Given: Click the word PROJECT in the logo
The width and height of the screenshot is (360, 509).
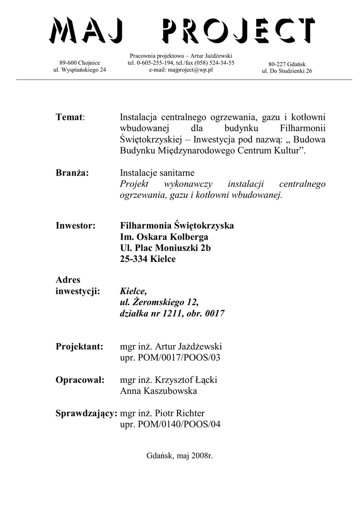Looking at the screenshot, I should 238,30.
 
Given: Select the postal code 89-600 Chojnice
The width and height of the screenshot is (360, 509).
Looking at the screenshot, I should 80,63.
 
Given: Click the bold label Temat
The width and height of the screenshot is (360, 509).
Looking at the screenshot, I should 70,117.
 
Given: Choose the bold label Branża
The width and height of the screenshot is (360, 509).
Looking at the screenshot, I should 72,172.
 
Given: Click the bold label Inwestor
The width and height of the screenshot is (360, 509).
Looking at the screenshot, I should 75,226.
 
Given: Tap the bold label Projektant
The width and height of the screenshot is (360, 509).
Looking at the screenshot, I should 79,346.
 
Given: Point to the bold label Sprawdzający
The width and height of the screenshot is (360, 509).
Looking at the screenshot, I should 87,413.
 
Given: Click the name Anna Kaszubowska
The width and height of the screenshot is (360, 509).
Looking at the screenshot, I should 159,391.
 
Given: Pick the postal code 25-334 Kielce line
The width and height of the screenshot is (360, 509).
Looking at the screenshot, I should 148,259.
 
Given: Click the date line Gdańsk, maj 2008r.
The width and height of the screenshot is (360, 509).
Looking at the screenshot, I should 180,455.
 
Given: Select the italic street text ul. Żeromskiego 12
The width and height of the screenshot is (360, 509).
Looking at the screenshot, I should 159,303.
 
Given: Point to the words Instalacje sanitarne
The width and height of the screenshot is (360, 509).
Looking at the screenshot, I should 157,172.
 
